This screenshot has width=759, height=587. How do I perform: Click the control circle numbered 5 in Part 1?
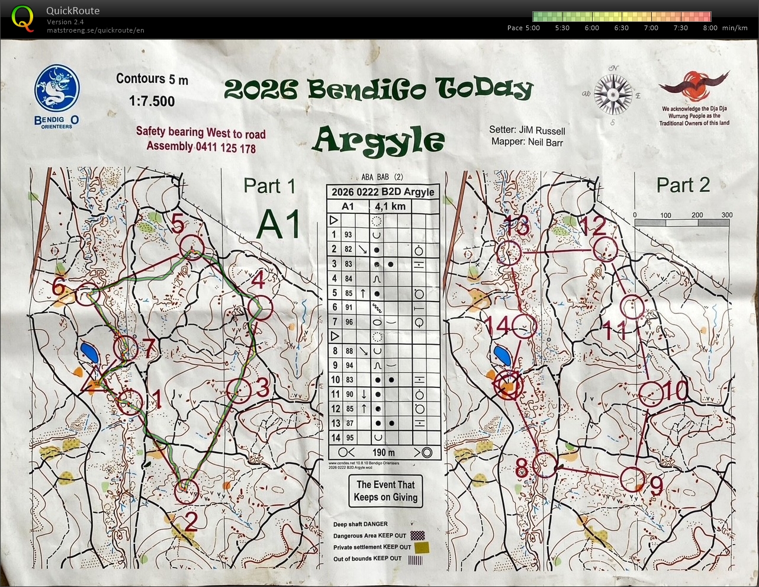pos(191,246)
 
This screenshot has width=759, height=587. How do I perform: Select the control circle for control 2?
pos(186,490)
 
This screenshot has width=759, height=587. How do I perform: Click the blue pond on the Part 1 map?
pos(91,353)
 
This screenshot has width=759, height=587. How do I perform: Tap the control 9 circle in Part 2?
pos(632,479)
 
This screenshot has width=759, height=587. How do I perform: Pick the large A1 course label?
pos(278,224)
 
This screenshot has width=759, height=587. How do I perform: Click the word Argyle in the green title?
pos(378,141)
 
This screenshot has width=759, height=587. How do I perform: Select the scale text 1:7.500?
pos(152,101)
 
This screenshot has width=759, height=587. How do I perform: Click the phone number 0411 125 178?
pos(226,147)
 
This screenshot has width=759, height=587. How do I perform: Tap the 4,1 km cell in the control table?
pos(390,207)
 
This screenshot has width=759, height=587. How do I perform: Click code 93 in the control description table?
pos(348,235)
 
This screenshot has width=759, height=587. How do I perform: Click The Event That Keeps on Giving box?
pos(385,491)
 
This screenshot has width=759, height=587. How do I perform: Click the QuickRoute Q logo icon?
pos(23,18)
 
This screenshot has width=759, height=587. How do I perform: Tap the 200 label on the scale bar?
pos(697,215)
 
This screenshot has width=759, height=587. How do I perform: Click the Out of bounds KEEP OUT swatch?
pos(416,559)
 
